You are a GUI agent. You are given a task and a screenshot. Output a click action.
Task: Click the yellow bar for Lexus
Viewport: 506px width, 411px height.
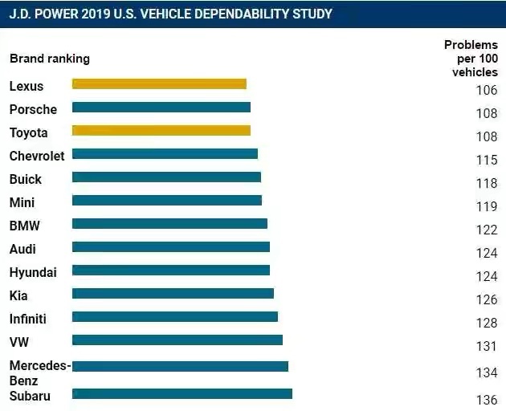coord(159,83)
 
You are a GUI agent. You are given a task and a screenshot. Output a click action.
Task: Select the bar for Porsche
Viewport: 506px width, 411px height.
coord(161,107)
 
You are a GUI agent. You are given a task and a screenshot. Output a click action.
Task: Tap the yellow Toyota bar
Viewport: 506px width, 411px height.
coord(161,130)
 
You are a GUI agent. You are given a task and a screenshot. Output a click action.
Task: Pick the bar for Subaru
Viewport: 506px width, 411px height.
coord(182,393)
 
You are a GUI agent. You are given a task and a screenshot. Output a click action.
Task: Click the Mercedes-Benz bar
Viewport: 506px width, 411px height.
coord(180,366)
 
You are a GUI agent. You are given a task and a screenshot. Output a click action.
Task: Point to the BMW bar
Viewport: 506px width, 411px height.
coord(169,223)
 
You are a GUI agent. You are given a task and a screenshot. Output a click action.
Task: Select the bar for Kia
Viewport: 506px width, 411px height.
coord(173,293)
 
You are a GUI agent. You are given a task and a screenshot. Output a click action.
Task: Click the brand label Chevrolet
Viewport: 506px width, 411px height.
coord(37,156)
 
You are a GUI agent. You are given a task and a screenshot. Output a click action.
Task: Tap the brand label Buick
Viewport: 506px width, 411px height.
coord(26,179)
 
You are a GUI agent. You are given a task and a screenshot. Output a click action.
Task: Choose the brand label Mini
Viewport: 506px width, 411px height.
coord(22,202)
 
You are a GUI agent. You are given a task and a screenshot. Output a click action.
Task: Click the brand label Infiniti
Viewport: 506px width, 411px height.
coord(28,319)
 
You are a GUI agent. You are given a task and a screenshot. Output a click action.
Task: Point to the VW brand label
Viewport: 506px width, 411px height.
coord(19,342)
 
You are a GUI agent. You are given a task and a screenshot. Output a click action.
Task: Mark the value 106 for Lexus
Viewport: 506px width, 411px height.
coord(486,90)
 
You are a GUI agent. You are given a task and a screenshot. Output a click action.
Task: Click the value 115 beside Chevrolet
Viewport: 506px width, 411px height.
coord(486,160)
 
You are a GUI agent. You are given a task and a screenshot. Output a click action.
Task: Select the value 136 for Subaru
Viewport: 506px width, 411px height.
coord(486,399)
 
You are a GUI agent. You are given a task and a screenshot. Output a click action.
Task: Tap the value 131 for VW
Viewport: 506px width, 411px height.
coord(486,346)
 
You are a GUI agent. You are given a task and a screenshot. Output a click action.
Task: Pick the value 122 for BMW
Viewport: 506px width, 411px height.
coord(486,230)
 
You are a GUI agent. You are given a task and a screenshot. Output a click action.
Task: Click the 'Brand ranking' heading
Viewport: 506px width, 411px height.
coord(50,59)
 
